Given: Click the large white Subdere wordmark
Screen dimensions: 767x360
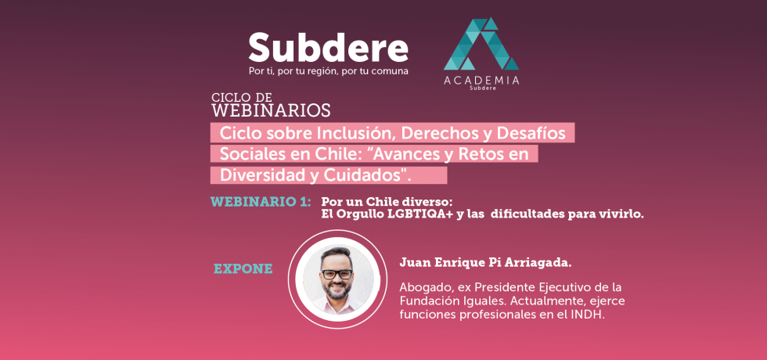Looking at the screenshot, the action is click(x=328, y=48).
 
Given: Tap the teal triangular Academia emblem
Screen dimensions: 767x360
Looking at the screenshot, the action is click(x=481, y=44).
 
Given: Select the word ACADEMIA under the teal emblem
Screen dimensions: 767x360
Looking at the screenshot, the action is click(x=481, y=81).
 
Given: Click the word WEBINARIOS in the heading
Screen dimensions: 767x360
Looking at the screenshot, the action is click(x=271, y=110).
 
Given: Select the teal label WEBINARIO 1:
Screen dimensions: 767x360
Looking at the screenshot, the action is click(x=261, y=202).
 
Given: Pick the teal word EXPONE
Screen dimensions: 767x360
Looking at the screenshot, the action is click(x=243, y=269).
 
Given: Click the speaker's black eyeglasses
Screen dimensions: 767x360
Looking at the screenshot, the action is click(x=337, y=274).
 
